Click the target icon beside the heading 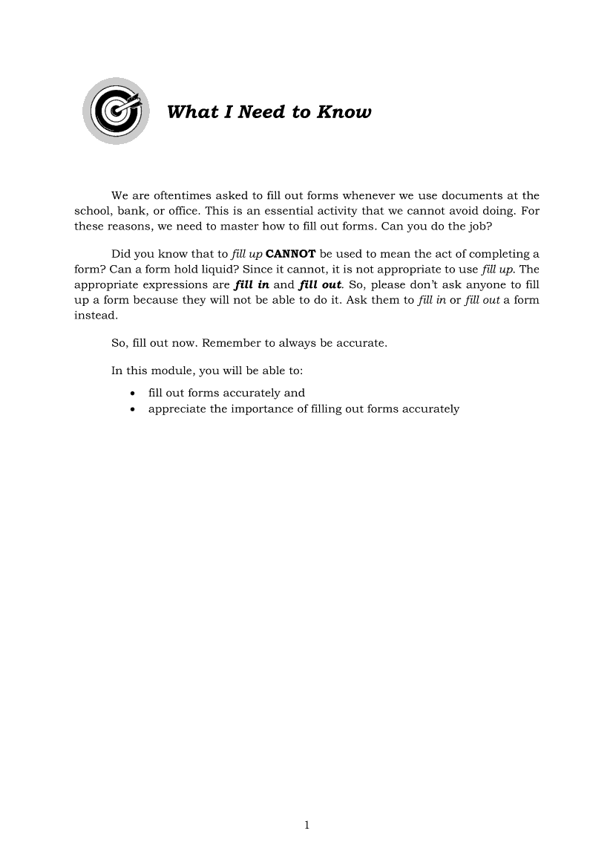coord(115,111)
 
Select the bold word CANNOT coord(290,255)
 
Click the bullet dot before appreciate coord(132,409)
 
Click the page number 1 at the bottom coord(306,825)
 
